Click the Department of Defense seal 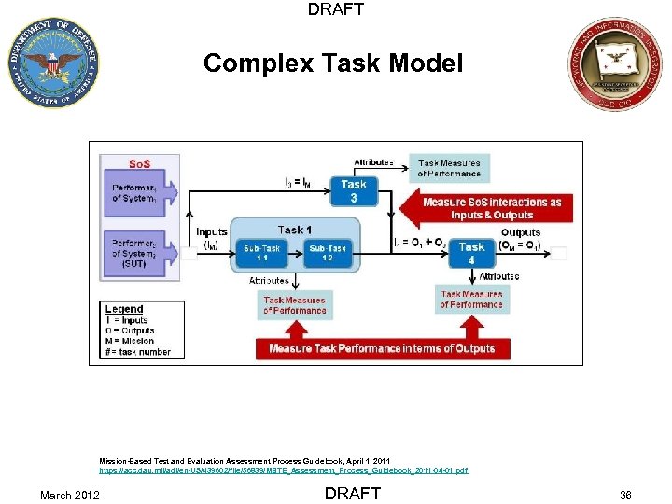click(x=52, y=63)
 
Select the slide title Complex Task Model click(x=333, y=63)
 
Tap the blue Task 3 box click(x=354, y=191)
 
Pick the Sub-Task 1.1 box click(x=262, y=253)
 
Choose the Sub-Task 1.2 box click(x=328, y=253)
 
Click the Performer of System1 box click(x=138, y=193)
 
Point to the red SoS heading click(x=139, y=164)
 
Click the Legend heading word click(x=124, y=309)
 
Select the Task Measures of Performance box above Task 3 click(x=449, y=168)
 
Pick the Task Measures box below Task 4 click(x=471, y=300)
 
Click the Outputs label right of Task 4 click(x=521, y=233)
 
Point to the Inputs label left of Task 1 click(x=212, y=232)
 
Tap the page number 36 click(x=624, y=495)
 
